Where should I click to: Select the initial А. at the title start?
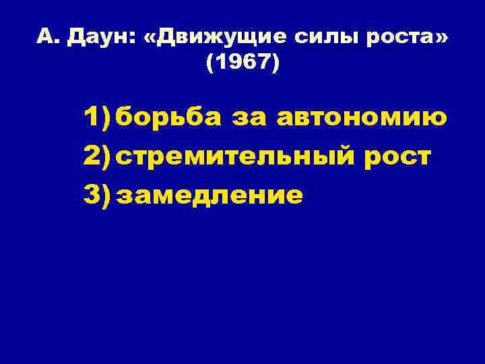[x=46, y=38]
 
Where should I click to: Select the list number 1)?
[x=98, y=118]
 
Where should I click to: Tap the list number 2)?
[x=98, y=156]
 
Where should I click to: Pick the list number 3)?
[x=98, y=195]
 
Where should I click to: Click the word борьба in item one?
[x=168, y=118]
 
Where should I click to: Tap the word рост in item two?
[x=397, y=156]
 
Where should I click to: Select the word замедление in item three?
[x=209, y=195]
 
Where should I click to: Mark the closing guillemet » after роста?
[x=441, y=39]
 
